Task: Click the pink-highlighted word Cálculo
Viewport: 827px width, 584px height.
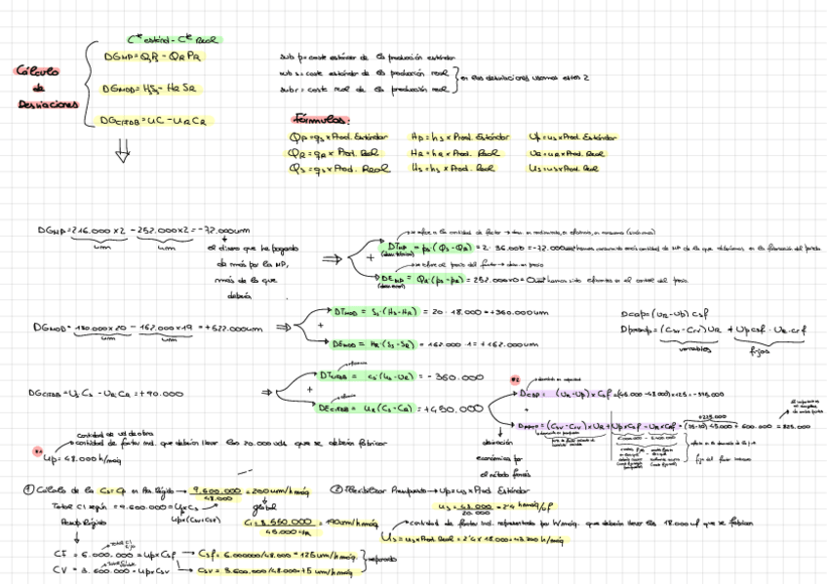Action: coord(38,71)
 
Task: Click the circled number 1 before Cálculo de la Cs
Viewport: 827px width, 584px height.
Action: coord(32,489)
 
